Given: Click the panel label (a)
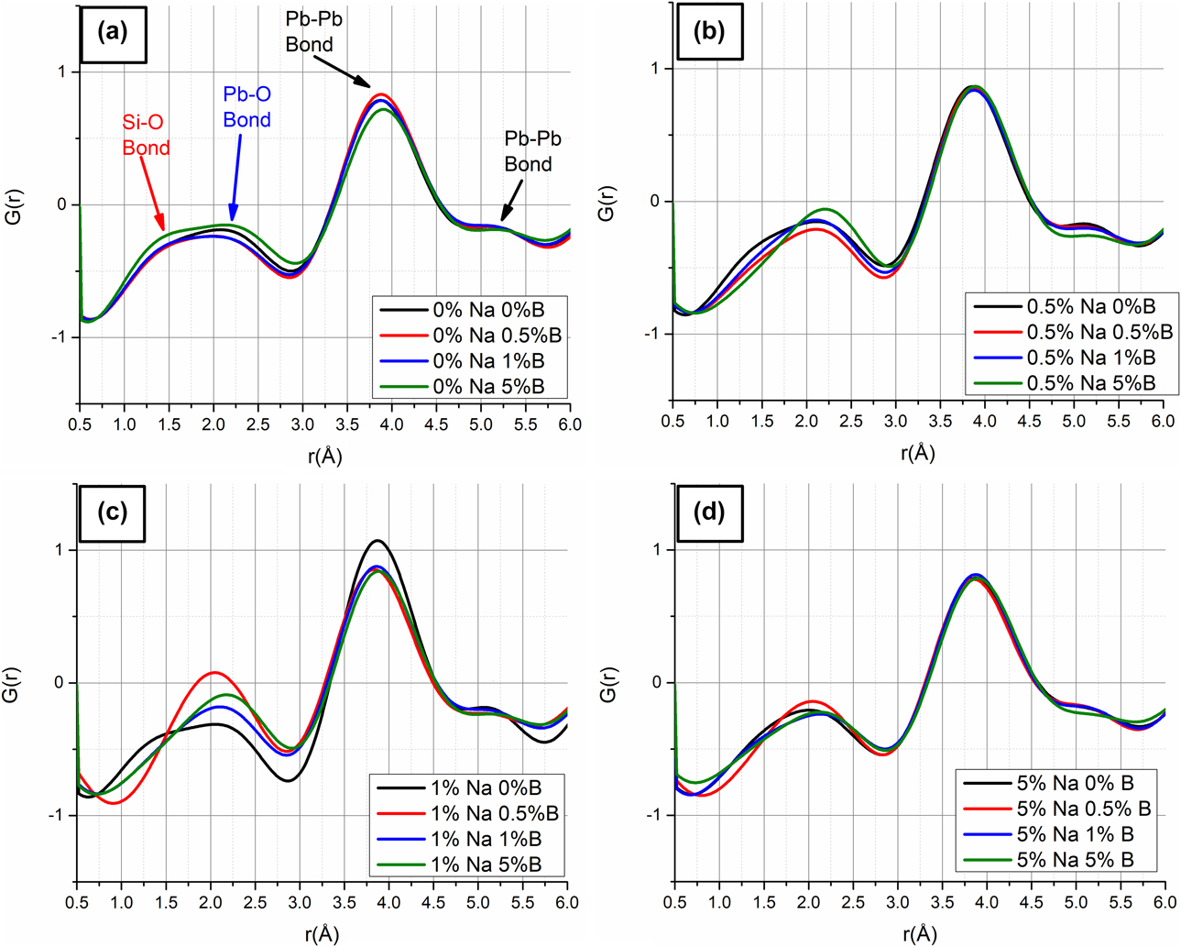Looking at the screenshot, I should (x=113, y=33).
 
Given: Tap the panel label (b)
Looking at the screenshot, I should (x=709, y=32).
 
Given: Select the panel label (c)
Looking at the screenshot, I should (x=112, y=512).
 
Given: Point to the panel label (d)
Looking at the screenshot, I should (x=708, y=512).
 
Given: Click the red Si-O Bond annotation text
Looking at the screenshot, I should (x=146, y=135).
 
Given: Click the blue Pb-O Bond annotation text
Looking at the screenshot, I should (x=246, y=107).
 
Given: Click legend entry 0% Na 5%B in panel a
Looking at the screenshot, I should (x=487, y=386).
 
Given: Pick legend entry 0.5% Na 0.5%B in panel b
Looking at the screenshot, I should (x=1099, y=332).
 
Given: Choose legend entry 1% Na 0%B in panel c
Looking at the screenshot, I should (x=486, y=787).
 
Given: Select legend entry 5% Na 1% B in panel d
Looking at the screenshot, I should (x=1075, y=834).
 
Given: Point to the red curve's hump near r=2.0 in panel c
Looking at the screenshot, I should (x=213, y=673).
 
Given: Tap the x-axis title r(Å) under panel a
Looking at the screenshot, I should (x=324, y=456).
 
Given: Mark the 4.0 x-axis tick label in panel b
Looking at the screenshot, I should (x=984, y=422).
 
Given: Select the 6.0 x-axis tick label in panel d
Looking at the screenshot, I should (x=1164, y=903).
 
